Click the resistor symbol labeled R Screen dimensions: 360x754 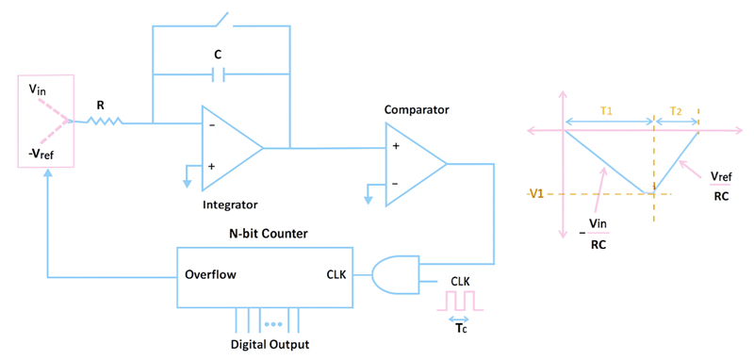pyautogui.click(x=105, y=121)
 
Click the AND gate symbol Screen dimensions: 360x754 pyautogui.click(x=395, y=276)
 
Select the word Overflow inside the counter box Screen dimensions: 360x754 pyautogui.click(x=210, y=276)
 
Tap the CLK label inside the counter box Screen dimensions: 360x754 pyautogui.click(x=337, y=276)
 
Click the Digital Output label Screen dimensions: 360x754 pyautogui.click(x=270, y=344)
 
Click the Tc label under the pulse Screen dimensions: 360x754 pyautogui.click(x=460, y=329)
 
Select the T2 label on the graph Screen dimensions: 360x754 pyautogui.click(x=676, y=110)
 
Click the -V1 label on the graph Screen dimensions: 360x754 pyautogui.click(x=539, y=194)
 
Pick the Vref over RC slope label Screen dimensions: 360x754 pyautogui.click(x=720, y=187)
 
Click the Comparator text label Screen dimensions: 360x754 pyautogui.click(x=417, y=110)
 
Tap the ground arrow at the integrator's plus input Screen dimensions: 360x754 pyautogui.click(x=187, y=175)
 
